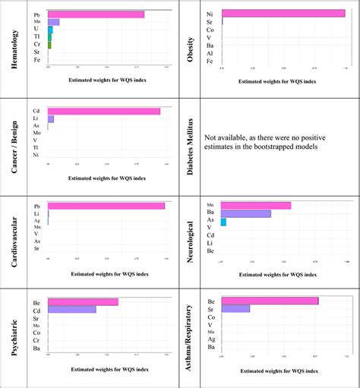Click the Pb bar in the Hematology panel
[96, 14]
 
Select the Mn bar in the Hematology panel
[53, 22]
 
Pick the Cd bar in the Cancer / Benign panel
[104, 111]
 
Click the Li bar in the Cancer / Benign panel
[51, 119]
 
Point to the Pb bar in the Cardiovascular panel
[106, 206]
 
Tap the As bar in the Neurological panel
[223, 222]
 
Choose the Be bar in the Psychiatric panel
[83, 301]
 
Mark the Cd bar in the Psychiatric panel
[72, 309]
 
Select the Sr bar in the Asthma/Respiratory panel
[235, 308]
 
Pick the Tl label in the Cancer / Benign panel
[36, 147]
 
